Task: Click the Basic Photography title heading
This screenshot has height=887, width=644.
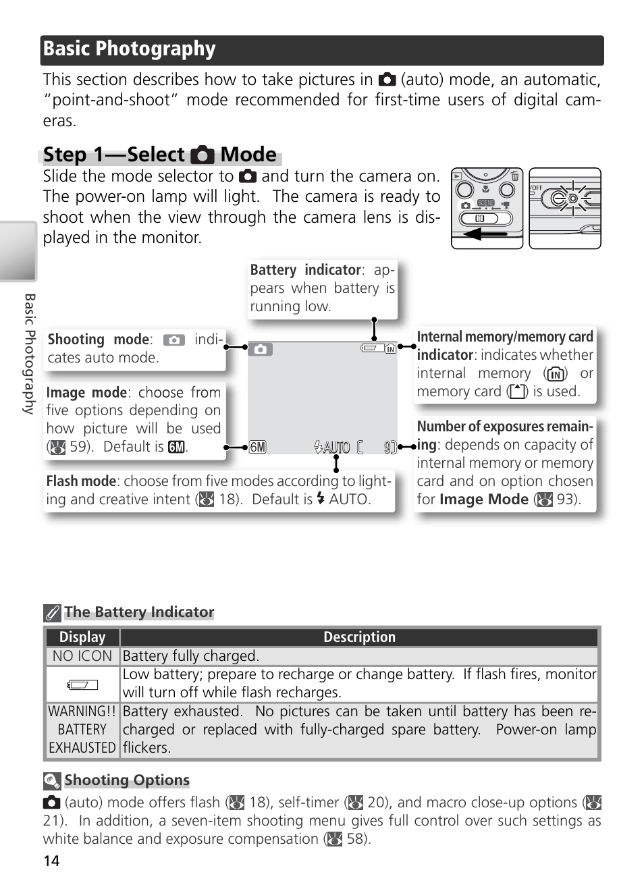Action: click(129, 49)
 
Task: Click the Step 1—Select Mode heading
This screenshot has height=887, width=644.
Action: click(160, 155)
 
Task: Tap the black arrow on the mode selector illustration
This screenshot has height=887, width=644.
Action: click(485, 234)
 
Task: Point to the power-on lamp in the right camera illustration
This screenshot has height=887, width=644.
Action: click(572, 198)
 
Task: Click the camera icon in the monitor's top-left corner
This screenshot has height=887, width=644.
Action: click(260, 350)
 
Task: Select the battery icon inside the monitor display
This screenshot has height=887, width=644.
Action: click(371, 348)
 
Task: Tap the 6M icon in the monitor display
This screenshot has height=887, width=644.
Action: click(257, 447)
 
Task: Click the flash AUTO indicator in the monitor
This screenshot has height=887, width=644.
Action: click(332, 447)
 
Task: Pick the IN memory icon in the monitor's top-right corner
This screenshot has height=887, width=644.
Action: click(390, 349)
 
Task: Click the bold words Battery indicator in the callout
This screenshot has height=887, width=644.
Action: click(305, 270)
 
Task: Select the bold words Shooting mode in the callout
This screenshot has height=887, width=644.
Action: click(98, 340)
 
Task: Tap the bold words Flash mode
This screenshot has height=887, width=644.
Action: click(81, 481)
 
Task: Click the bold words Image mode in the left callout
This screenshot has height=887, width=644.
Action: click(86, 393)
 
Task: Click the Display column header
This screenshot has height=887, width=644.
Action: click(82, 637)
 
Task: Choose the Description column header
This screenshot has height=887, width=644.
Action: click(359, 637)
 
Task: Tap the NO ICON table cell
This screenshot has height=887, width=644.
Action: click(82, 656)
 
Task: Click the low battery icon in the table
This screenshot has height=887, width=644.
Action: click(82, 684)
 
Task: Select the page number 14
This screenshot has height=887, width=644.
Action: click(51, 861)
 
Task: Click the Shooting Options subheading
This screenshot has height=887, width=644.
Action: click(127, 780)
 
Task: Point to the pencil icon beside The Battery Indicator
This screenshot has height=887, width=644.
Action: click(52, 613)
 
